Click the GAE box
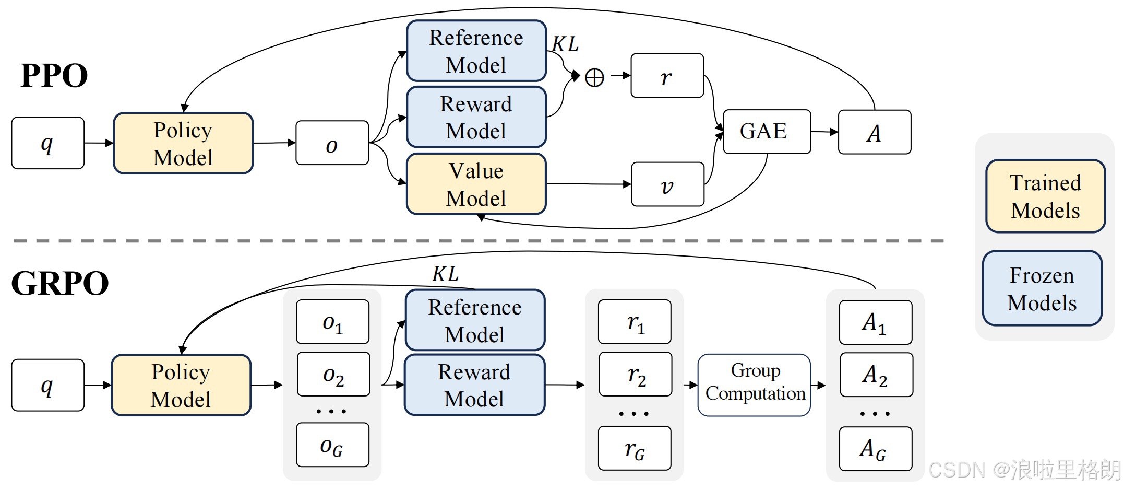pyautogui.click(x=767, y=132)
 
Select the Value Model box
pyautogui.click(x=476, y=184)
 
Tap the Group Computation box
pyautogui.click(x=754, y=385)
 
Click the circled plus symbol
pyautogui.click(x=594, y=78)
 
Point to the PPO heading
pyautogui.click(x=54, y=76)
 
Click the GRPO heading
pyautogui.click(x=60, y=284)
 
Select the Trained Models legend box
pyautogui.click(x=1045, y=196)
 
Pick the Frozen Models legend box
pyautogui.click(x=1042, y=289)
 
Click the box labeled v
pyautogui.click(x=667, y=184)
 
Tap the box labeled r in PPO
pyautogui.click(x=667, y=76)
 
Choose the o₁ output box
pyautogui.click(x=332, y=322)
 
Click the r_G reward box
pyautogui.click(x=635, y=449)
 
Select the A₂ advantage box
pyautogui.click(x=876, y=375)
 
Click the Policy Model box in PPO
pyautogui.click(x=183, y=143)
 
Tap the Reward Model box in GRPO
pyautogui.click(x=474, y=385)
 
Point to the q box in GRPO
pyautogui.click(x=47, y=385)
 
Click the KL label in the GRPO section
pyautogui.click(x=445, y=274)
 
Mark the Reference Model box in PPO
pyautogui.click(x=476, y=51)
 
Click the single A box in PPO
pyautogui.click(x=875, y=132)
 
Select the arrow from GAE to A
pyautogui.click(x=824, y=132)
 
